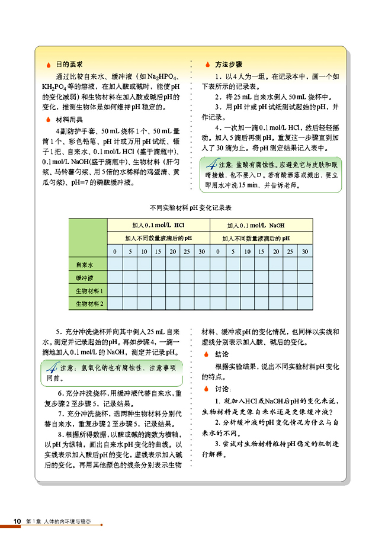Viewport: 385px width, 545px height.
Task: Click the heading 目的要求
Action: [x=69, y=64]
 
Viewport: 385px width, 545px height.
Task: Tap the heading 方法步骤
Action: [x=227, y=64]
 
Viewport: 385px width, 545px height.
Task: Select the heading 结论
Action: [x=223, y=354]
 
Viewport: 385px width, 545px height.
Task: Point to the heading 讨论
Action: [x=223, y=389]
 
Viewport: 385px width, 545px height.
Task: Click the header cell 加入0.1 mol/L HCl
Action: [x=158, y=226]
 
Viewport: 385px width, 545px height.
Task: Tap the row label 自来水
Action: [x=86, y=264]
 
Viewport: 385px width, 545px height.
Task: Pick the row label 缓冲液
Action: [x=86, y=277]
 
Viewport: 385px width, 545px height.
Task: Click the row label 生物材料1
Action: [x=89, y=291]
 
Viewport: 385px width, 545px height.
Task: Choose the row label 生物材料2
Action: [x=89, y=304]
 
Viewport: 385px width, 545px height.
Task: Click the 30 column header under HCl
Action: [x=202, y=252]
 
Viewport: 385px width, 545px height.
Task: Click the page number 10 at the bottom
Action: [x=18, y=521]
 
